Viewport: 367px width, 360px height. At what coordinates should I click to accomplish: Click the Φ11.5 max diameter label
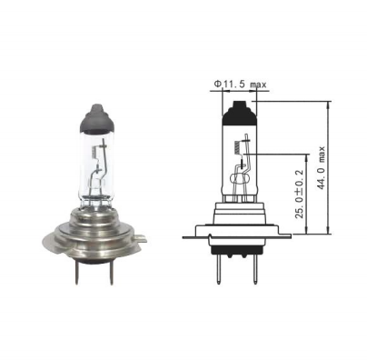240,84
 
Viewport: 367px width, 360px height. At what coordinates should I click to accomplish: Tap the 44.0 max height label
321,167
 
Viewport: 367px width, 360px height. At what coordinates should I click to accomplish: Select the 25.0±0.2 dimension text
299,193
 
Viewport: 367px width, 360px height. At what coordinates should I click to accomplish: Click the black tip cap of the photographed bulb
96,118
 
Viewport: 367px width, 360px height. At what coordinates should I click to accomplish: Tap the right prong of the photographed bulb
112,275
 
